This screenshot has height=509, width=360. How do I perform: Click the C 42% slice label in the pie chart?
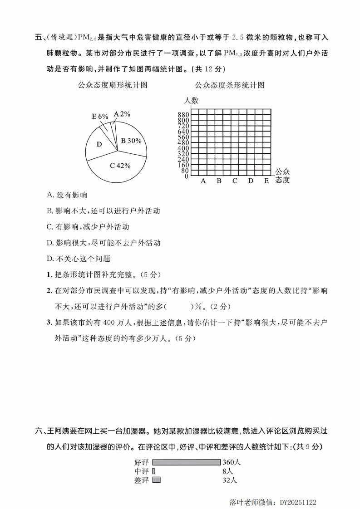[120, 166]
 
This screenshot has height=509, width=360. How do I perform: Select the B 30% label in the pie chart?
[131, 141]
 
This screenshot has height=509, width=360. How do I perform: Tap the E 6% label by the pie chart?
[100, 117]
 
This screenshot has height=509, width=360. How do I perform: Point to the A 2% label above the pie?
[122, 114]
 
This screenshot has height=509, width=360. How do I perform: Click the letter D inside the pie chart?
[99, 144]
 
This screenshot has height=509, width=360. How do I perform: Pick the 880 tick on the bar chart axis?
[183, 114]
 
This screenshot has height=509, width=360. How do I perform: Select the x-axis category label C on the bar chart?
[235, 181]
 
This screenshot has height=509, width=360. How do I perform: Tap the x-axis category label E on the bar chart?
[266, 181]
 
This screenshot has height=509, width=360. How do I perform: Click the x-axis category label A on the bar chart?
[203, 181]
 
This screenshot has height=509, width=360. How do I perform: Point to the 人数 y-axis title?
[191, 101]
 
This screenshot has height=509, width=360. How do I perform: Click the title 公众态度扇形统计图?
[113, 85]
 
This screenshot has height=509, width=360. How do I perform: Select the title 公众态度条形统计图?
[229, 85]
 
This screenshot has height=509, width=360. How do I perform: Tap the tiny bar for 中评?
[153, 471]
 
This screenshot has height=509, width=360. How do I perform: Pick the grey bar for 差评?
[157, 480]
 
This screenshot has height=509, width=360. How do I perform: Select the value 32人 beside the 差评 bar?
[229, 480]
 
